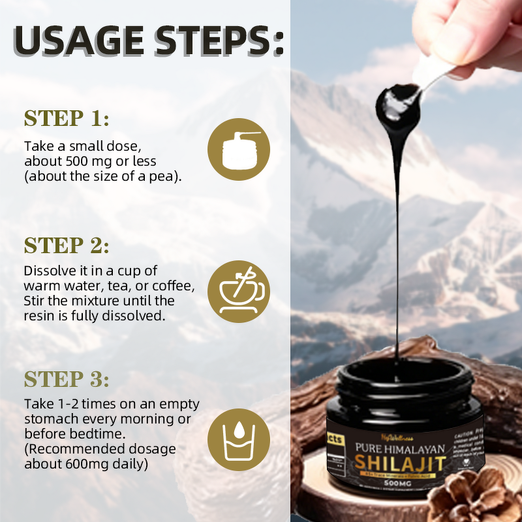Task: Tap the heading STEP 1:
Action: point(67,119)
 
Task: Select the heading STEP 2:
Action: point(67,246)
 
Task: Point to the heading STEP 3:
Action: point(67,379)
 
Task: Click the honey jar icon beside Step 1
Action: point(239,149)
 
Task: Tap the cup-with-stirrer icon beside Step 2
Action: point(239,291)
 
